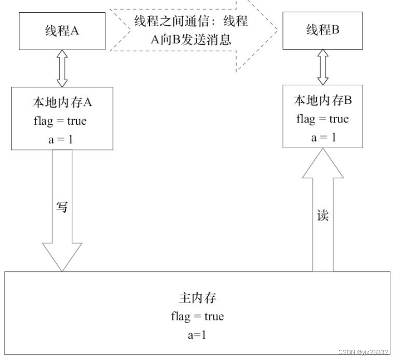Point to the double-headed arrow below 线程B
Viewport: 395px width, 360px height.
(322, 67)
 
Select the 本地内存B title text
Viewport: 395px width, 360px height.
(322, 101)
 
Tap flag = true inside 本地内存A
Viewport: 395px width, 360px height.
(60, 120)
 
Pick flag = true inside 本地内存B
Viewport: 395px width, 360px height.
(322, 119)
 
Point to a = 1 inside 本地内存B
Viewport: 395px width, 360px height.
(322, 137)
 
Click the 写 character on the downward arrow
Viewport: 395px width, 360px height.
(62, 207)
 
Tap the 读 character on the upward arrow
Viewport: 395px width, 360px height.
(322, 215)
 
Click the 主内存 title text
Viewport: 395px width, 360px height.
(197, 298)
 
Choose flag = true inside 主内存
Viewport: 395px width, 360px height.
(197, 316)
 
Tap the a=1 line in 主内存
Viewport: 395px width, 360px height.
(197, 335)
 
